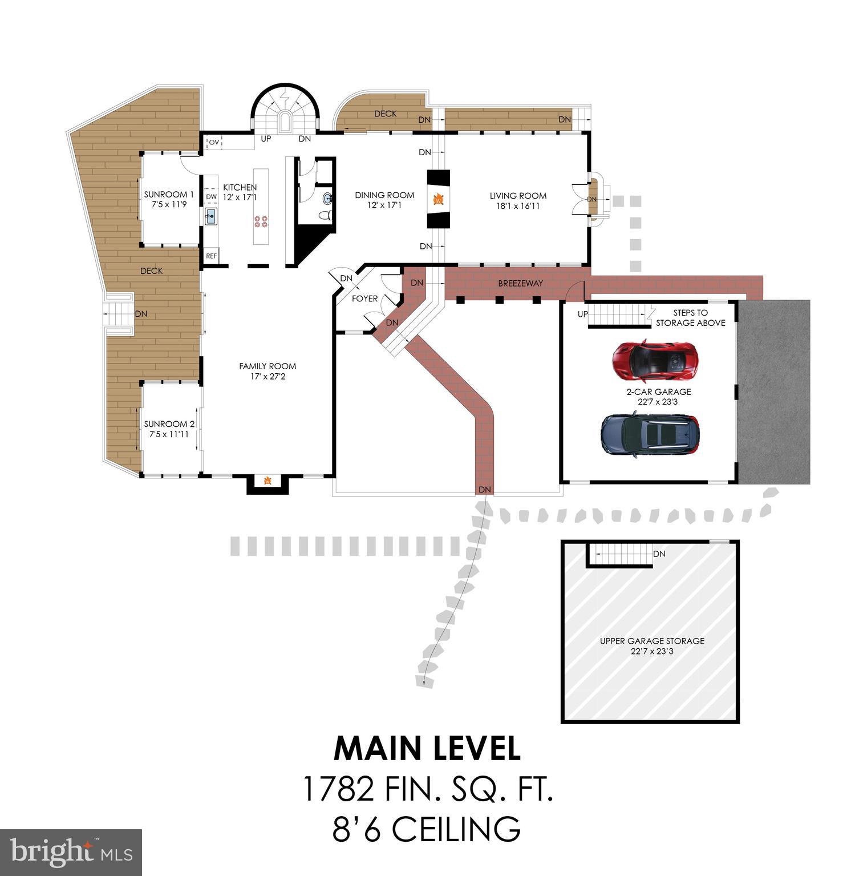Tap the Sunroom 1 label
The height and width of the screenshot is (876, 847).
169,199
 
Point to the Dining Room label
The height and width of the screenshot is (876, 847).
384,200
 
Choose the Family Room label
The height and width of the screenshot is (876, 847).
268,371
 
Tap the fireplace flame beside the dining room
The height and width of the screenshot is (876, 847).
439,199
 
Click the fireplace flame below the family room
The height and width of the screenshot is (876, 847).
268,481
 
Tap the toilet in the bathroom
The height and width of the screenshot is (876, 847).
326,216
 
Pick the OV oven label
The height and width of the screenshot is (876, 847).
214,142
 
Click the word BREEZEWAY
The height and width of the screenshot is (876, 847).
520,283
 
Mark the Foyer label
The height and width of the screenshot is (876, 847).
364,298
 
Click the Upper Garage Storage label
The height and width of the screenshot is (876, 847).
652,645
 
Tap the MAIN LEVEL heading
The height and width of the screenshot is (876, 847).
427,748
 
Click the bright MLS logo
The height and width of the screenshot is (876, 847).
71,852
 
